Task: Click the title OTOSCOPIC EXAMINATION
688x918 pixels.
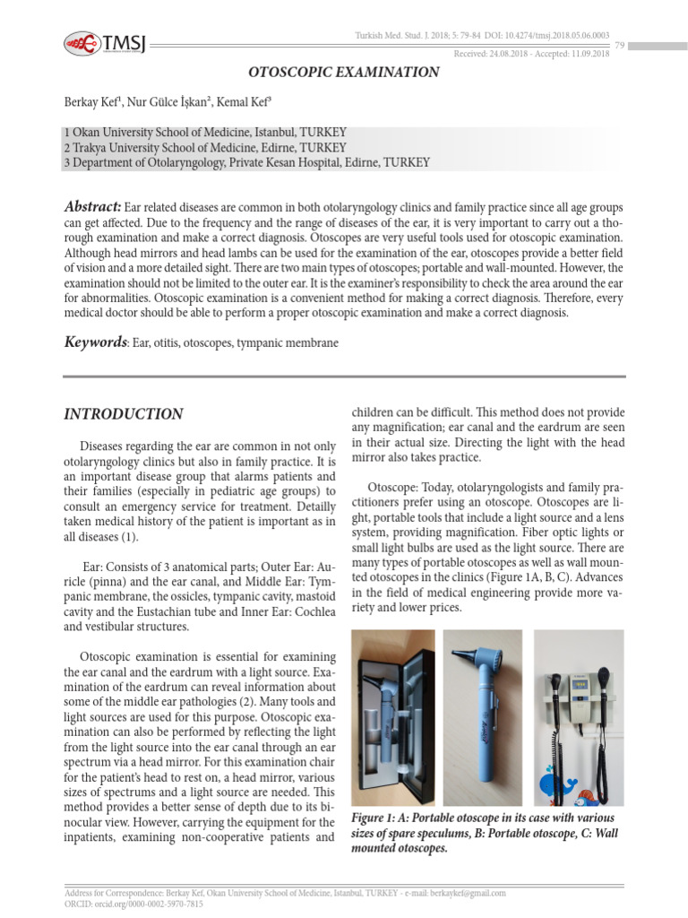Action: (343, 73)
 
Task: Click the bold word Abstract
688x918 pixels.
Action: (92, 205)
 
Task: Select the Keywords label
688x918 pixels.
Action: (95, 342)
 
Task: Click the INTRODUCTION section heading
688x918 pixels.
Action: (124, 414)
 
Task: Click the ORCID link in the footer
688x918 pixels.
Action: (134, 905)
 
